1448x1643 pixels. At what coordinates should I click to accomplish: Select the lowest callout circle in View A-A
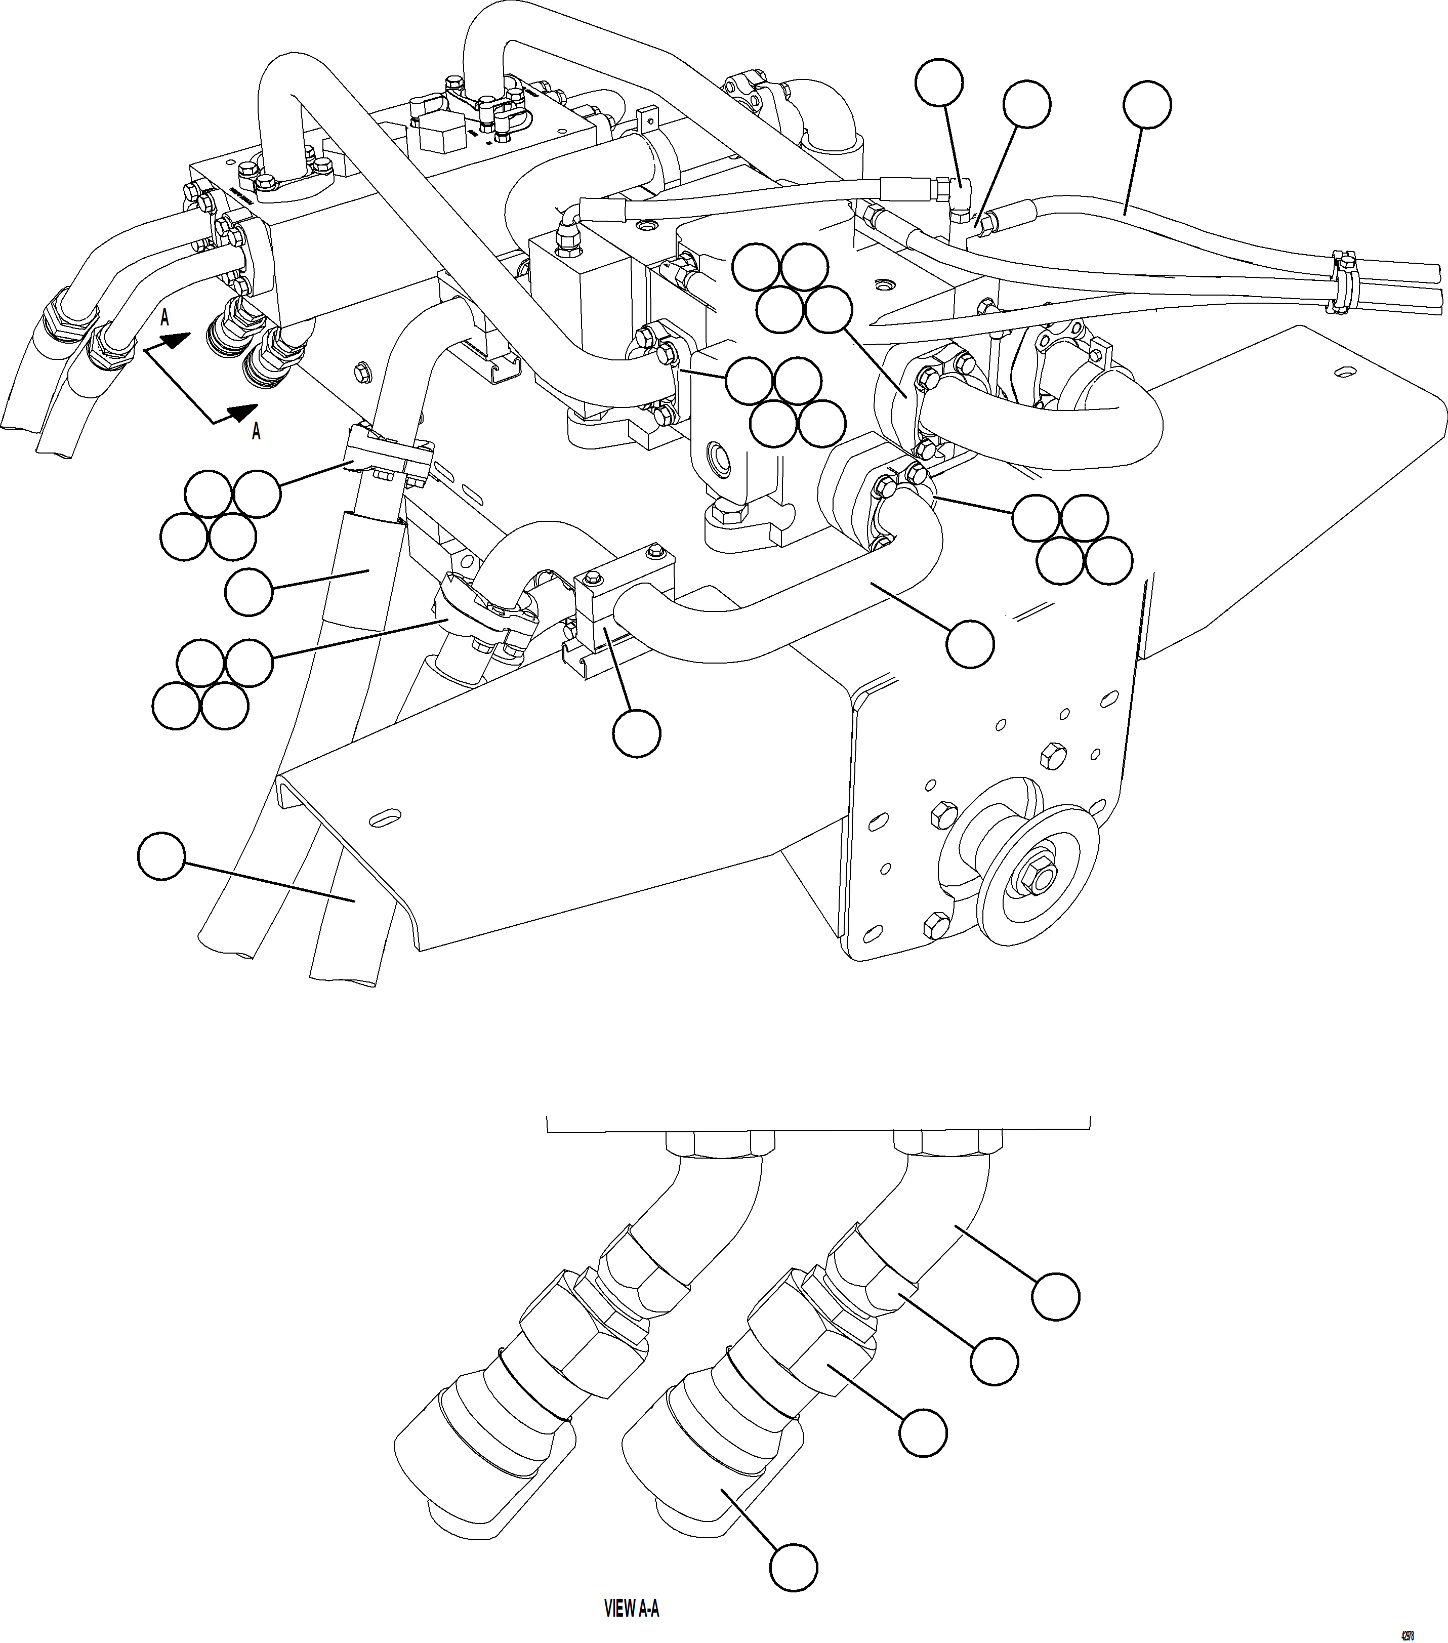793,1567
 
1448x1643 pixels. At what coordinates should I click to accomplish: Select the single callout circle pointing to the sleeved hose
249,592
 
